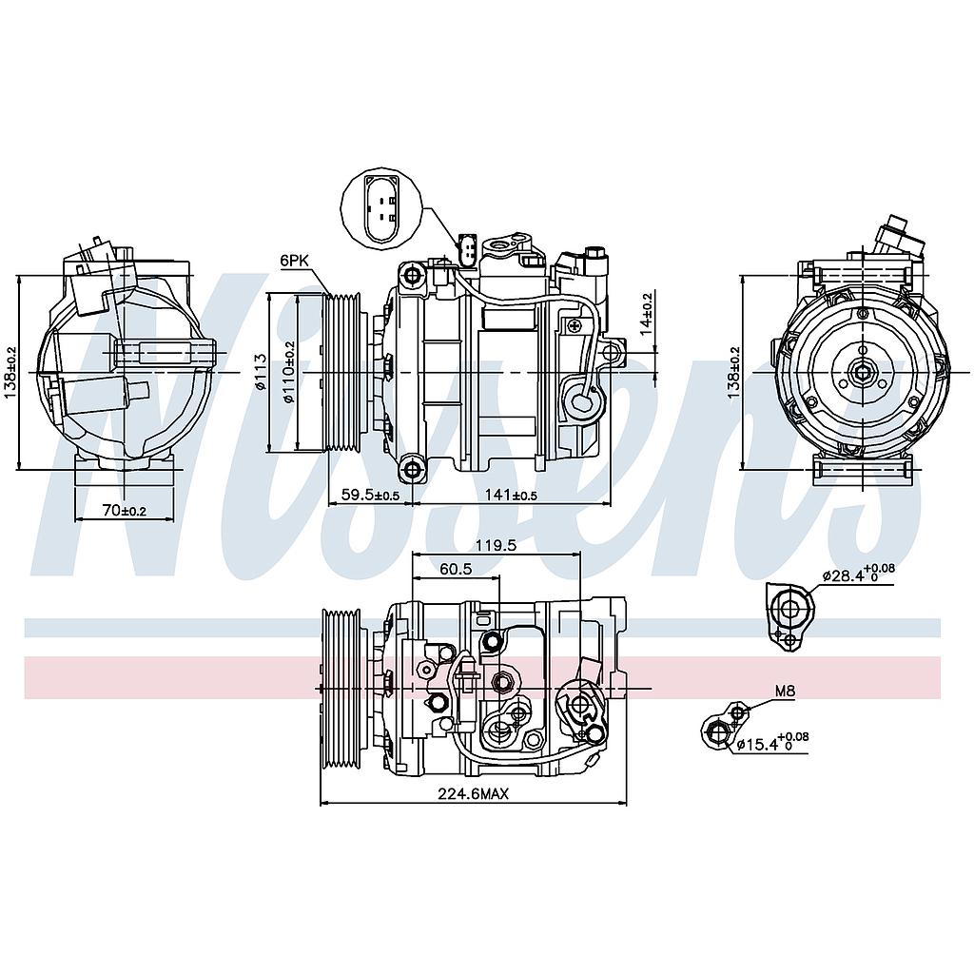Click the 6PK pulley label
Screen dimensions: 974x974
(295, 261)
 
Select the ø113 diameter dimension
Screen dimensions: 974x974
(261, 372)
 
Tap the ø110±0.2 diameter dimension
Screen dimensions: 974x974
(289, 372)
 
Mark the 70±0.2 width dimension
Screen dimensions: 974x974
(125, 511)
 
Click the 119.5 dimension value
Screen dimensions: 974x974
(496, 545)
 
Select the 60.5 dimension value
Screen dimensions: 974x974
(456, 569)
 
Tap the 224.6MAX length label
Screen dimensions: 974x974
(474, 793)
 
